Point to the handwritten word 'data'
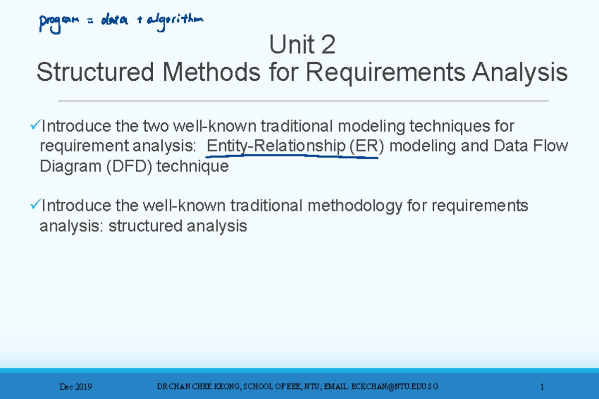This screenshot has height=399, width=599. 114,20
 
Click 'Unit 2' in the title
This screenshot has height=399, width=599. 302,46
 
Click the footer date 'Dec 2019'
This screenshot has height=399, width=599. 75,387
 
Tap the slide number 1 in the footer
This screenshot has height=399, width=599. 542,387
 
